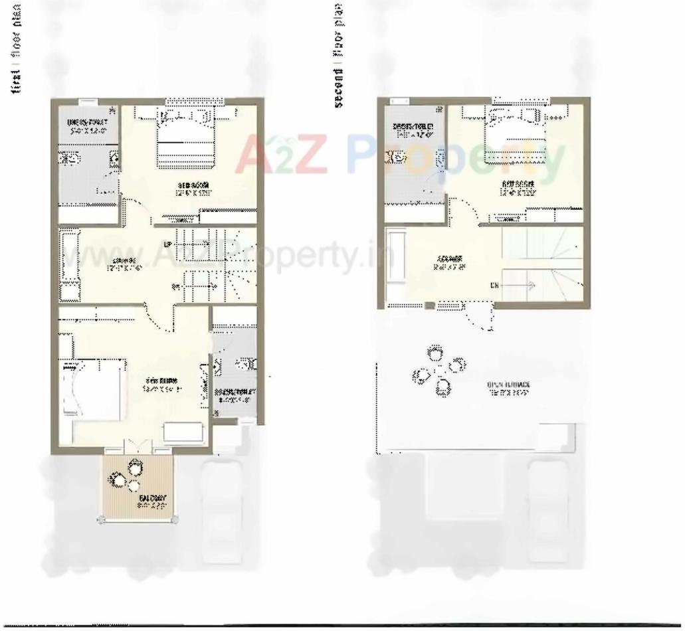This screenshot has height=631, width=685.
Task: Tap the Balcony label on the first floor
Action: [151, 501]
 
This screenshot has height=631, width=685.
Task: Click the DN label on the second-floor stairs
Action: [494, 286]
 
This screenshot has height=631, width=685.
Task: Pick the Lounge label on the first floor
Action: [124, 264]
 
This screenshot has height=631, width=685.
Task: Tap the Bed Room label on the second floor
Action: [518, 189]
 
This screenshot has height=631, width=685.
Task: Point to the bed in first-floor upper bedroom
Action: [186, 139]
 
